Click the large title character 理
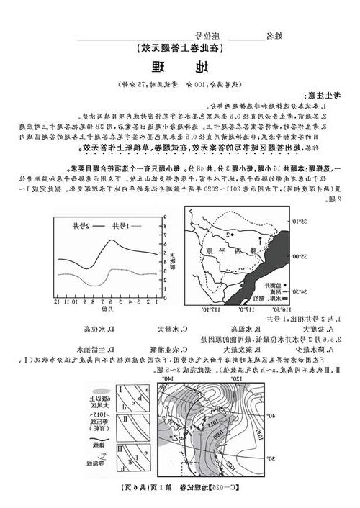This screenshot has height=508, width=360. [x=158, y=69]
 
